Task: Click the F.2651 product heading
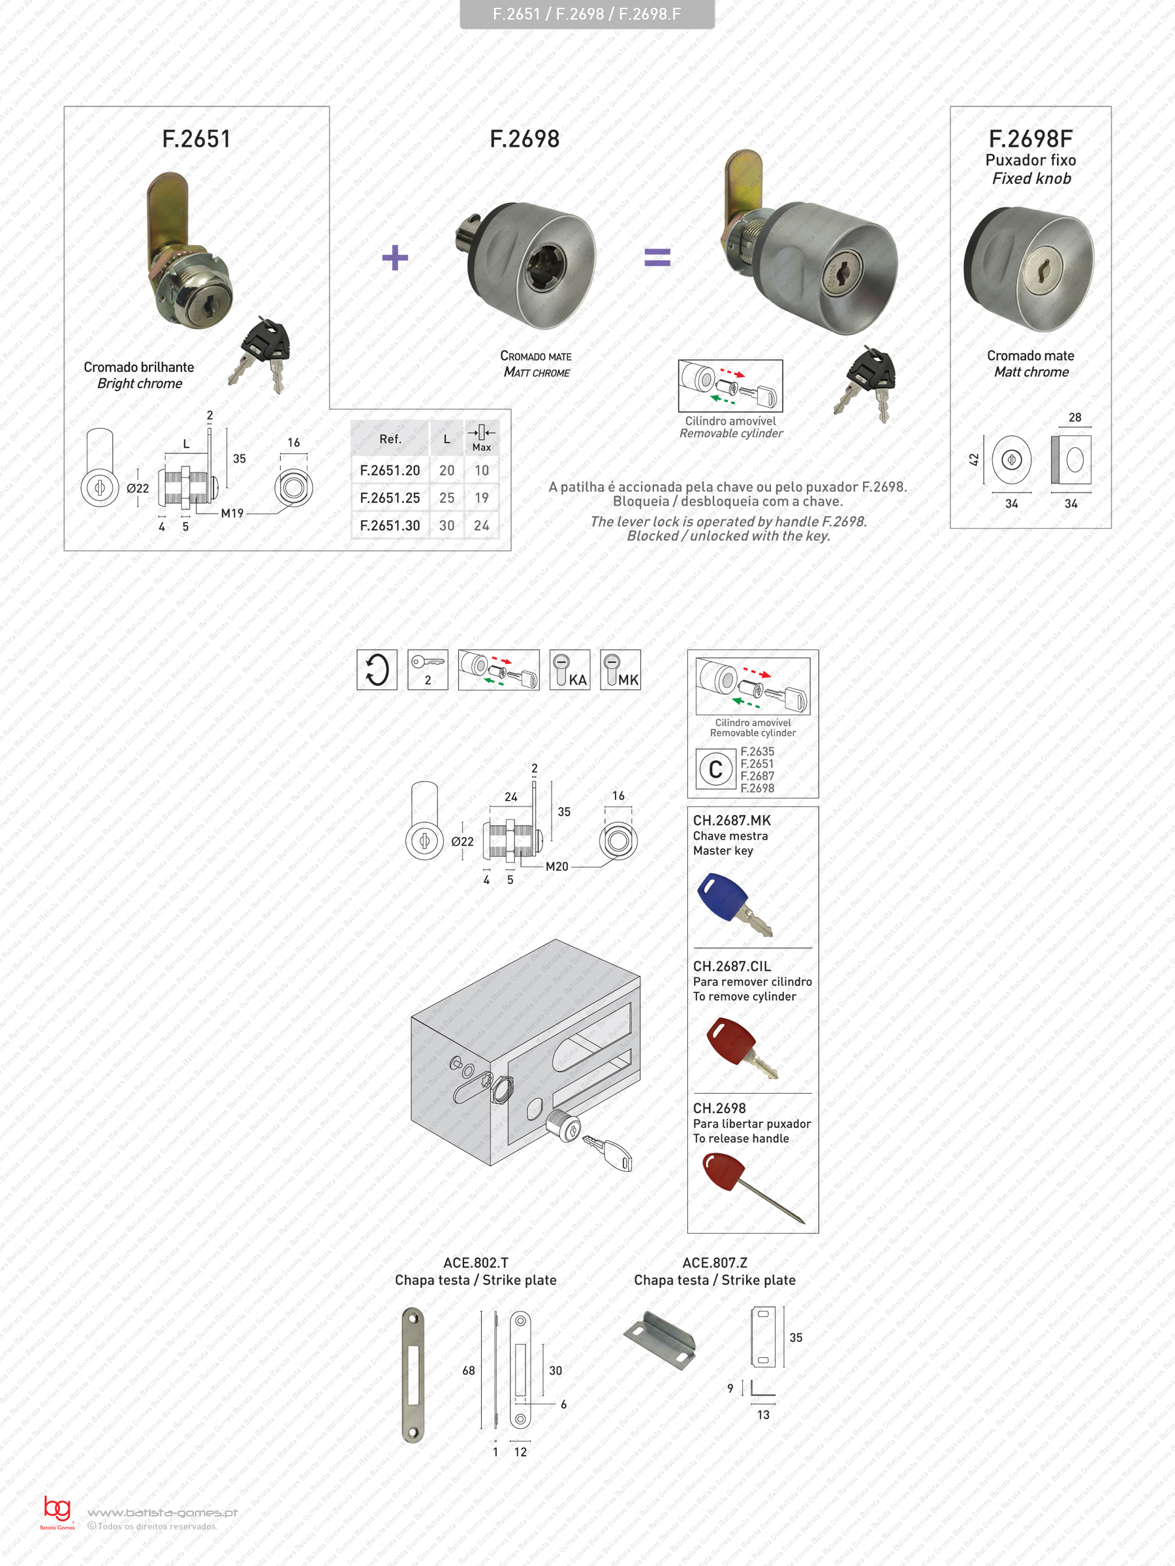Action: point(196,139)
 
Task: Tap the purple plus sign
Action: point(395,258)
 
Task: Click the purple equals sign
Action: point(657,257)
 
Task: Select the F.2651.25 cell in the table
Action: point(390,498)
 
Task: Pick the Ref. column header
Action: point(390,439)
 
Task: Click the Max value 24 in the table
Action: point(482,525)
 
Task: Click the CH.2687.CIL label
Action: point(732,966)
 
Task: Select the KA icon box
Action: point(569,669)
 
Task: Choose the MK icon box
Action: point(620,669)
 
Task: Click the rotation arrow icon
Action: point(377,669)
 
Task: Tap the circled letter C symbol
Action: point(715,769)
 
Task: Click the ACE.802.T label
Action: point(475,1263)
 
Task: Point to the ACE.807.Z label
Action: point(715,1263)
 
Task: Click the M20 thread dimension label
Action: point(557,867)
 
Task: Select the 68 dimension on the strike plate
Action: point(468,1371)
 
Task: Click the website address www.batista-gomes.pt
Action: point(162,1513)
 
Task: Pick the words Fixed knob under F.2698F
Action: point(1031,178)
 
